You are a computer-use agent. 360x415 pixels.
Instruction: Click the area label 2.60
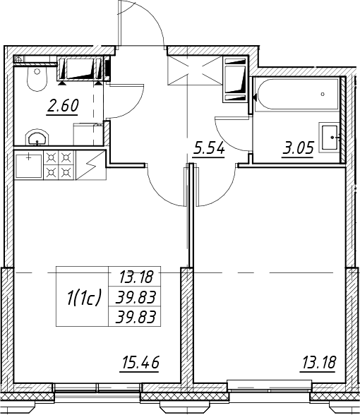pyautogui.click(x=62, y=106)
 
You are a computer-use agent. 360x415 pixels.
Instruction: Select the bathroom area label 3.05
pyautogui.click(x=299, y=148)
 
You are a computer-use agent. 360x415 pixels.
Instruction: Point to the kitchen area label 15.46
pyautogui.click(x=140, y=362)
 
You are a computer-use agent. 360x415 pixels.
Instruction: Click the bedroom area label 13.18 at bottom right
pyautogui.click(x=319, y=362)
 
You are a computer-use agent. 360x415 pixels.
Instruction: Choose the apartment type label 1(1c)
pyautogui.click(x=83, y=297)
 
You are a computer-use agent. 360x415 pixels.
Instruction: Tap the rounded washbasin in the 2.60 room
pyautogui.click(x=37, y=138)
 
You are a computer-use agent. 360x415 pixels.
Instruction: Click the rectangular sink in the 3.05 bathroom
pyautogui.click(x=329, y=138)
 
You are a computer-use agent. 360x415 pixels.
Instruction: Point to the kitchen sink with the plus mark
pyautogui.click(x=28, y=166)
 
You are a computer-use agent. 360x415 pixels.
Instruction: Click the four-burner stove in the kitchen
pyautogui.click(x=59, y=165)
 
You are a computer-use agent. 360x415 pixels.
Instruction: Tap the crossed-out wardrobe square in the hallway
pyautogui.click(x=195, y=71)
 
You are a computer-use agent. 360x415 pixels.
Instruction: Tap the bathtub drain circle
pyautogui.click(x=323, y=94)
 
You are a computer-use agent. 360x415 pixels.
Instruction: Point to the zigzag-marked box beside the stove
pyautogui.click(x=91, y=165)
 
